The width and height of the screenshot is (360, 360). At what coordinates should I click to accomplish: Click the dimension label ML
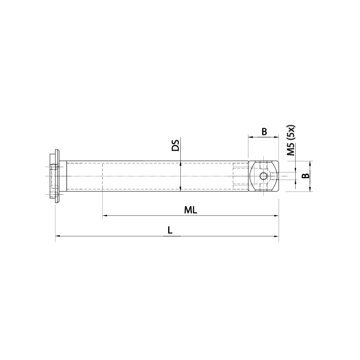pos(190,210)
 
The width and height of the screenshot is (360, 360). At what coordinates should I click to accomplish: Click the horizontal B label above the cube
pos(264,132)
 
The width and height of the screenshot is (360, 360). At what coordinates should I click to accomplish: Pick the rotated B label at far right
pos(305,176)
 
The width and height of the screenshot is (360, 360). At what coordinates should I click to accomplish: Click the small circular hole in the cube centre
pos(264,176)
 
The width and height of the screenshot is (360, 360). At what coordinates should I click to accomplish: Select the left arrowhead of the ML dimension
pos(105,216)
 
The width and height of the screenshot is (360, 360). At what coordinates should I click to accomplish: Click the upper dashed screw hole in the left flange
pos(55,167)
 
